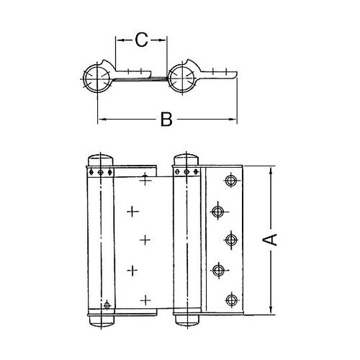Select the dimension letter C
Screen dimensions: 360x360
[142, 41]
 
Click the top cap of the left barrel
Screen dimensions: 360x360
[99, 159]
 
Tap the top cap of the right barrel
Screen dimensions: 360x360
[186, 159]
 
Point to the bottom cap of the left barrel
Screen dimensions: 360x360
[99, 319]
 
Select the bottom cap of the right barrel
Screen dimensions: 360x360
[186, 319]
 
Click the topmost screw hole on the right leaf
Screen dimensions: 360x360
[232, 180]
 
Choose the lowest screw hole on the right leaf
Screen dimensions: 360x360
[231, 299]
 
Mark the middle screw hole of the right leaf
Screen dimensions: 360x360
[232, 240]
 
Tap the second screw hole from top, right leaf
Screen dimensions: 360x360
[216, 210]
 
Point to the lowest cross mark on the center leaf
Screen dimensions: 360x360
[146, 300]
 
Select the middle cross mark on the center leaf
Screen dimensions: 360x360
[146, 240]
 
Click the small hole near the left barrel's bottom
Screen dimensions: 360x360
[106, 305]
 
